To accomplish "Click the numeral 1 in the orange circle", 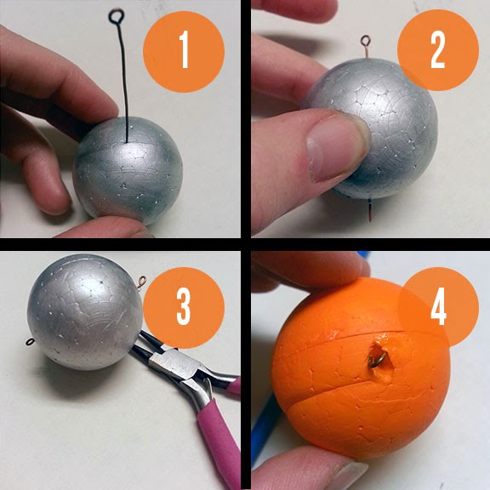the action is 184,49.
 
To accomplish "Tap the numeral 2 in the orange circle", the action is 437,50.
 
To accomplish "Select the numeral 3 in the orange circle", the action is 184,306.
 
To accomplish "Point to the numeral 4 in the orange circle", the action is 439,306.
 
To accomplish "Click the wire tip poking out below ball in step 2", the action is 370,211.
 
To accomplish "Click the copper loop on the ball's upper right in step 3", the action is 142,282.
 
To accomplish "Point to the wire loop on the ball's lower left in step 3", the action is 30,342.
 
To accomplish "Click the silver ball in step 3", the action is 84,311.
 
